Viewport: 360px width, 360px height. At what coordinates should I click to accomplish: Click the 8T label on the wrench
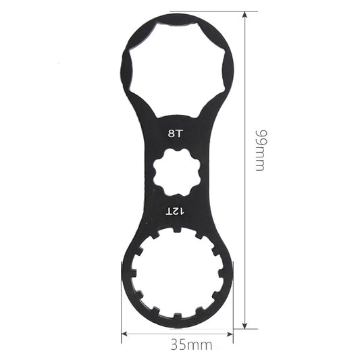coord(175,133)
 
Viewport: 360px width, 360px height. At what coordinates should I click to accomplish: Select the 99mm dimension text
coord(259,149)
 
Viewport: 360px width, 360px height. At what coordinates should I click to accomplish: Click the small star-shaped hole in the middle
coord(176,173)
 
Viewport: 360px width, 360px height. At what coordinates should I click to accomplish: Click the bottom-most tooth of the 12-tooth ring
coord(177,317)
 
